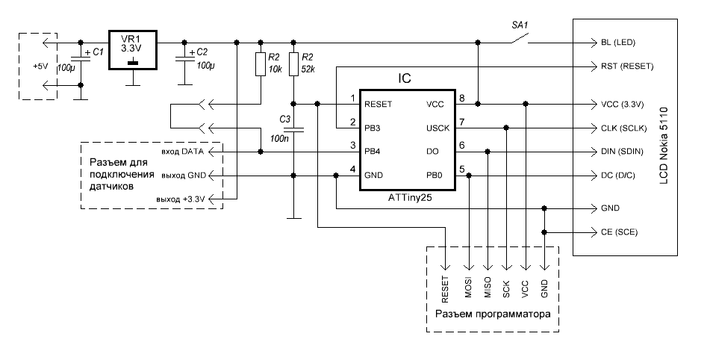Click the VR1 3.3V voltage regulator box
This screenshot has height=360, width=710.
click(x=132, y=50)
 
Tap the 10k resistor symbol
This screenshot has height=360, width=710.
click(x=260, y=64)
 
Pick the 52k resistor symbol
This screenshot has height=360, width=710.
click(x=294, y=64)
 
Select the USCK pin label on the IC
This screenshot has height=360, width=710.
click(x=438, y=128)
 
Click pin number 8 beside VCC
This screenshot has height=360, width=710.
click(x=463, y=98)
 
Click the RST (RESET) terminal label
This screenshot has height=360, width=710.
click(x=626, y=66)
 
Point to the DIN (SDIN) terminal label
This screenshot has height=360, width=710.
click(x=621, y=152)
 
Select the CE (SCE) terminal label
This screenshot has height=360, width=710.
click(x=619, y=232)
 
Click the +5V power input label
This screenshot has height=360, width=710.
click(x=40, y=66)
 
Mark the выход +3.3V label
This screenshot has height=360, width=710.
click(x=180, y=199)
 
